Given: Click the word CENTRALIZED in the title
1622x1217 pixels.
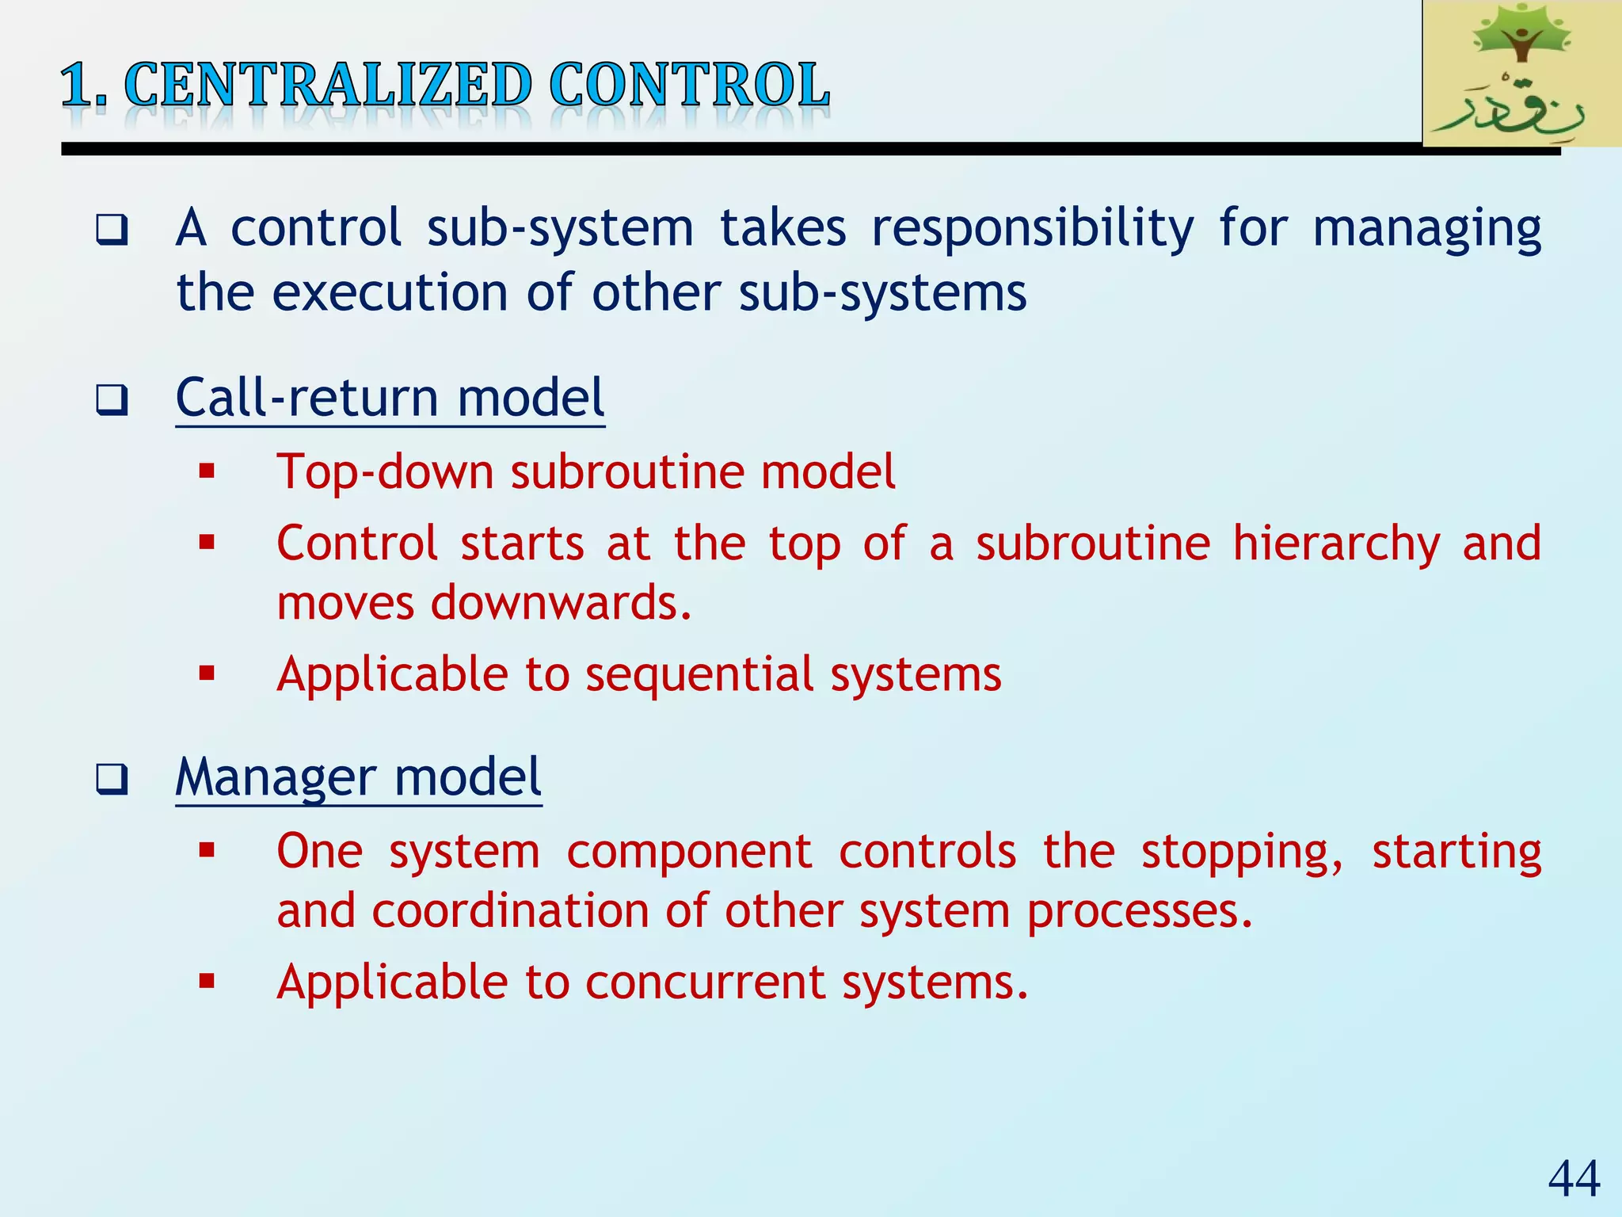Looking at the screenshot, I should (x=328, y=86).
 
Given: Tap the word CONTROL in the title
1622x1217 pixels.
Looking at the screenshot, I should (x=689, y=86).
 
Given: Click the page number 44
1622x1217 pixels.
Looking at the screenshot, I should (x=1574, y=1179).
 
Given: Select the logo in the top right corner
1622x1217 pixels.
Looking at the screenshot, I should (x=1521, y=73).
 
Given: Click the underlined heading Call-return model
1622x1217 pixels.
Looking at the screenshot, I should (x=390, y=398).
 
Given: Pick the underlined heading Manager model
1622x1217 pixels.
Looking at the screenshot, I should (x=358, y=777).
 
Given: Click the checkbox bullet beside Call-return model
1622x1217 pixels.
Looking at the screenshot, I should (x=112, y=400).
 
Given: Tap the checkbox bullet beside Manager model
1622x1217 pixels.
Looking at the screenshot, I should (x=112, y=780).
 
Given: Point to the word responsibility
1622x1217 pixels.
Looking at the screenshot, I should (x=1032, y=230).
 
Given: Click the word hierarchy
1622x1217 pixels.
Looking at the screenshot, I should (x=1336, y=545).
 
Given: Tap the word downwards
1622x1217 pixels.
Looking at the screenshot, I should (x=561, y=603).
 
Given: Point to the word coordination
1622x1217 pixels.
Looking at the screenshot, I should (x=510, y=911).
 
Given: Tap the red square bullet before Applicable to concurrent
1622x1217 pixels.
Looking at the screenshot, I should (x=208, y=982).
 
